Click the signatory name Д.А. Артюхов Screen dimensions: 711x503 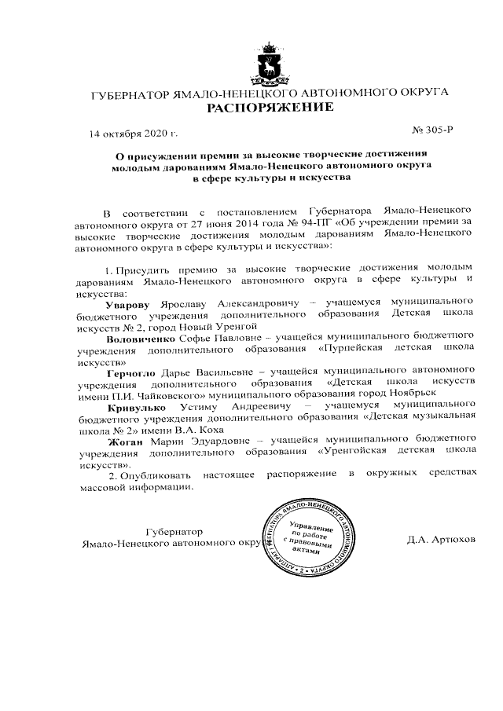441,541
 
